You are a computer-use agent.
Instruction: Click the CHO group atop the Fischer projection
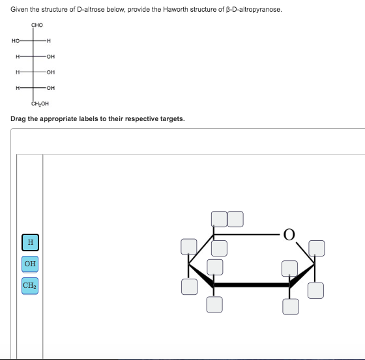coord(38,25)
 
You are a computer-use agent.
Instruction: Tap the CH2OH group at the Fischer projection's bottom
coord(40,103)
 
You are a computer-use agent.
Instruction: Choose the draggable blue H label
coord(29,243)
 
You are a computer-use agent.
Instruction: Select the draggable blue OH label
coord(29,264)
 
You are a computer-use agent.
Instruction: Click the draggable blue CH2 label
coord(29,285)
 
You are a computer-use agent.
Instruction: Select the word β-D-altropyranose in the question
coord(247,8)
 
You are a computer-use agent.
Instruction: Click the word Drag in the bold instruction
coord(20,119)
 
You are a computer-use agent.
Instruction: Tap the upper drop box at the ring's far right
coord(316,248)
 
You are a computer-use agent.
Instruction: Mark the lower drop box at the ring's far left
coord(190,286)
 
